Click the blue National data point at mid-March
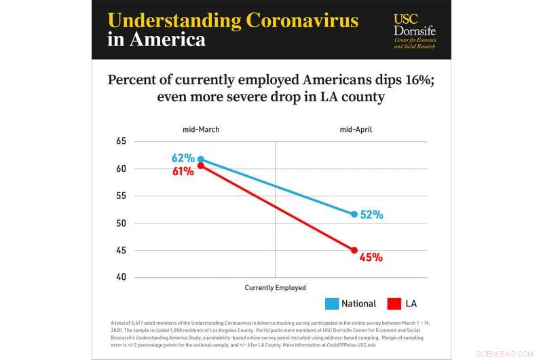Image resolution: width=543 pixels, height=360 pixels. pyautogui.click(x=200, y=160)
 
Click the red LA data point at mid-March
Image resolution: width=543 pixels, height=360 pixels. pyautogui.click(x=200, y=166)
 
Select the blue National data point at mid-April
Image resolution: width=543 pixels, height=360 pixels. pyautogui.click(x=354, y=215)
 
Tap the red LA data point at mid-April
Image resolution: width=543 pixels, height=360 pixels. pyautogui.click(x=354, y=251)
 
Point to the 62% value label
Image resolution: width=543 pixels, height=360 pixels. pyautogui.click(x=183, y=158)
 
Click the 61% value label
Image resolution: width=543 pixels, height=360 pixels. pyautogui.click(x=183, y=172)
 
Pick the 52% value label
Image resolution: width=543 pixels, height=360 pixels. pyautogui.click(x=372, y=215)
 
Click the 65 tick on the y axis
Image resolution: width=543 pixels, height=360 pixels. pyautogui.click(x=121, y=141)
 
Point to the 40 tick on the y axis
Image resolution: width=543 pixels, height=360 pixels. pyautogui.click(x=121, y=277)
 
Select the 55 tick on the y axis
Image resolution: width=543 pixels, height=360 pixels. pyautogui.click(x=121, y=196)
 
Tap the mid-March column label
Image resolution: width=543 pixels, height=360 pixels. pyautogui.click(x=200, y=129)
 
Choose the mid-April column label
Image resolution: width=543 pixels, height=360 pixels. pyautogui.click(x=356, y=129)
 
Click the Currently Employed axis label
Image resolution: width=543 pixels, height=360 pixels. pyautogui.click(x=275, y=288)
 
